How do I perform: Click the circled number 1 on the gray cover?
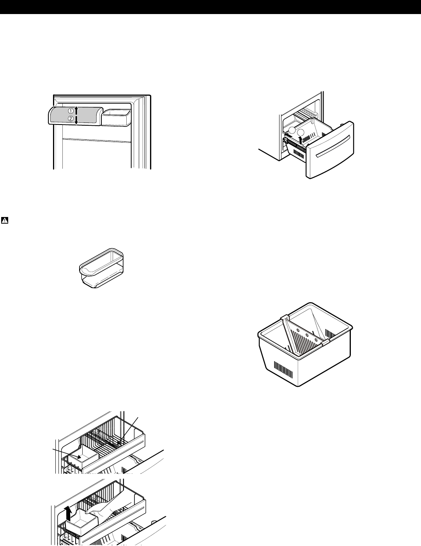click(71, 110)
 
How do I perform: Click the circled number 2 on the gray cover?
click(71, 119)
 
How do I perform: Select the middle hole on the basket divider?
click(307, 334)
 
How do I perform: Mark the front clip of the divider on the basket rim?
click(324, 342)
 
